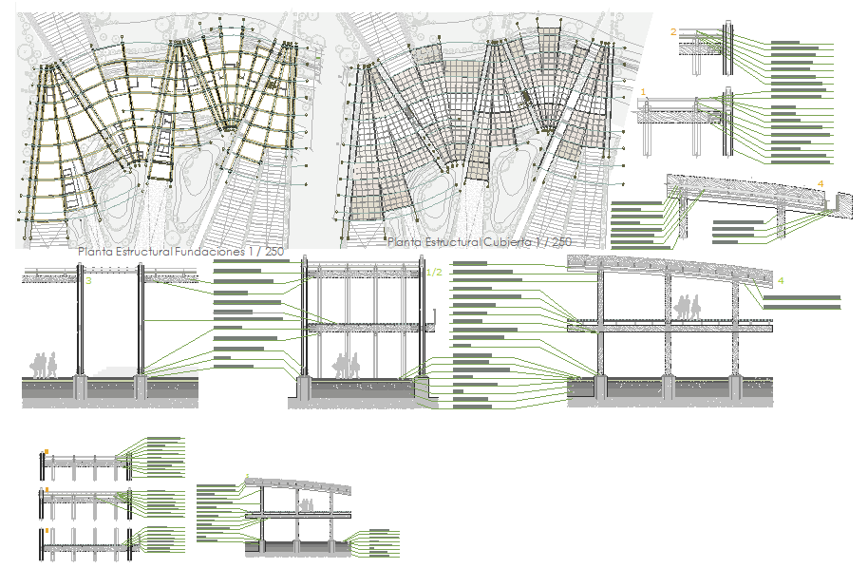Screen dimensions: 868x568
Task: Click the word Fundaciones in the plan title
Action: pos(208,252)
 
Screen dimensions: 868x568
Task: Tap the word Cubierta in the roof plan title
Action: pos(509,243)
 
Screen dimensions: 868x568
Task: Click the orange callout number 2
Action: pos(673,32)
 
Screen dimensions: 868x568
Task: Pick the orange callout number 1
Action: pos(644,91)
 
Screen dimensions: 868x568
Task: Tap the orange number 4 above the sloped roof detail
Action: pos(821,183)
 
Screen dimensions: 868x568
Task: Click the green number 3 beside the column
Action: pos(88,281)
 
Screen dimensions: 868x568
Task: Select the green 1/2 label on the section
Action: pos(435,274)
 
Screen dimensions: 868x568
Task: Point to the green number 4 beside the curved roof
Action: pos(781,281)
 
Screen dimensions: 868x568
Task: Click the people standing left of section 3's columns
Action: pos(44,365)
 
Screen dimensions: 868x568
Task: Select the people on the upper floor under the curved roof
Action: pos(688,307)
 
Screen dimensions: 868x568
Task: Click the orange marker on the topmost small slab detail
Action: pos(47,452)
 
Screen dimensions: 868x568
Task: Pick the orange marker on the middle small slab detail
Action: pos(47,491)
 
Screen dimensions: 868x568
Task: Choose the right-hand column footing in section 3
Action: pos(142,386)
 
